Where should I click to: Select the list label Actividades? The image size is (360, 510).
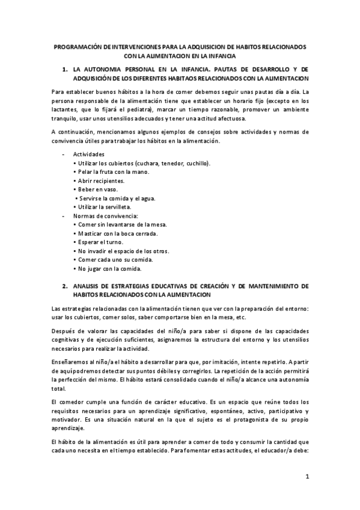(88, 154)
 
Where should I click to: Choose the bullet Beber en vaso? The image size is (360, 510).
(95, 189)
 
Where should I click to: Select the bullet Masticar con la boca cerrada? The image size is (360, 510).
(115, 233)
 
